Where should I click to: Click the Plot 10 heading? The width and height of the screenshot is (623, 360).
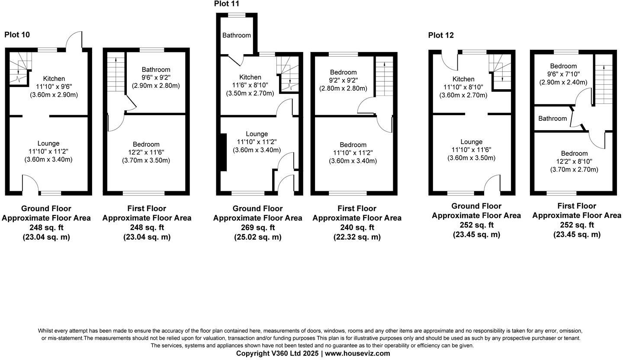(x=17, y=35)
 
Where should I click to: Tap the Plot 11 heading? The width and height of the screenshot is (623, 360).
(x=227, y=4)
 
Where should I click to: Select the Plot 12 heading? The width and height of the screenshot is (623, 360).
(x=441, y=35)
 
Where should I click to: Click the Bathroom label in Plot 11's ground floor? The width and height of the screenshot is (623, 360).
(x=237, y=35)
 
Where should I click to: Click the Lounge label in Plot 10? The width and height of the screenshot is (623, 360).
(x=48, y=143)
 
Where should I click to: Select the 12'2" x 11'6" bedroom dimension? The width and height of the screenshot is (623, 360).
(x=146, y=152)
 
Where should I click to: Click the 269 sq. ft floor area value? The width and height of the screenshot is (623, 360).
(x=257, y=228)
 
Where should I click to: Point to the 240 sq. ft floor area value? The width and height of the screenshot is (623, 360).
(x=357, y=228)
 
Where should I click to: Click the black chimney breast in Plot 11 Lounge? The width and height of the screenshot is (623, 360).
(x=223, y=152)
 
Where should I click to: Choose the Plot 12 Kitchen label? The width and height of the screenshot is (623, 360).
(x=463, y=79)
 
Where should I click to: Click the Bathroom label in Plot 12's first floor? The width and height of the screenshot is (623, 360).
(x=552, y=119)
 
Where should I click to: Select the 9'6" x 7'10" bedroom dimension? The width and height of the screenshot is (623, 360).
(x=563, y=74)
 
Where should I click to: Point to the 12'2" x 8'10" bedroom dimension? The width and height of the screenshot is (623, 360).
(x=574, y=161)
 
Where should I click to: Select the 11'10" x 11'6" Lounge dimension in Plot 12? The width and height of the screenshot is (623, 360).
(x=471, y=150)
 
